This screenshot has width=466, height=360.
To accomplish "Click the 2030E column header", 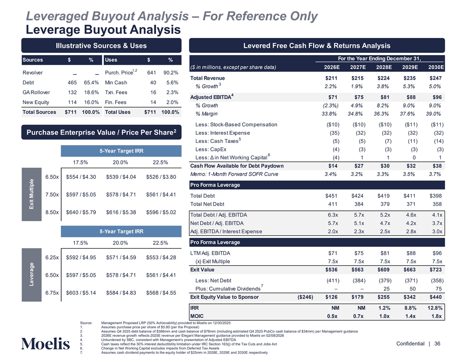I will tap(436, 67).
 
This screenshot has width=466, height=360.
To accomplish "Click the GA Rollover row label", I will tap(36, 92).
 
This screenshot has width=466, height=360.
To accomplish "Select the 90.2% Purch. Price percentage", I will tap(170, 72).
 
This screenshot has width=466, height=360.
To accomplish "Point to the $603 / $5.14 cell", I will tap(81, 292).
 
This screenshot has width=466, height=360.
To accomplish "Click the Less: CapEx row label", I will tap(210, 150).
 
